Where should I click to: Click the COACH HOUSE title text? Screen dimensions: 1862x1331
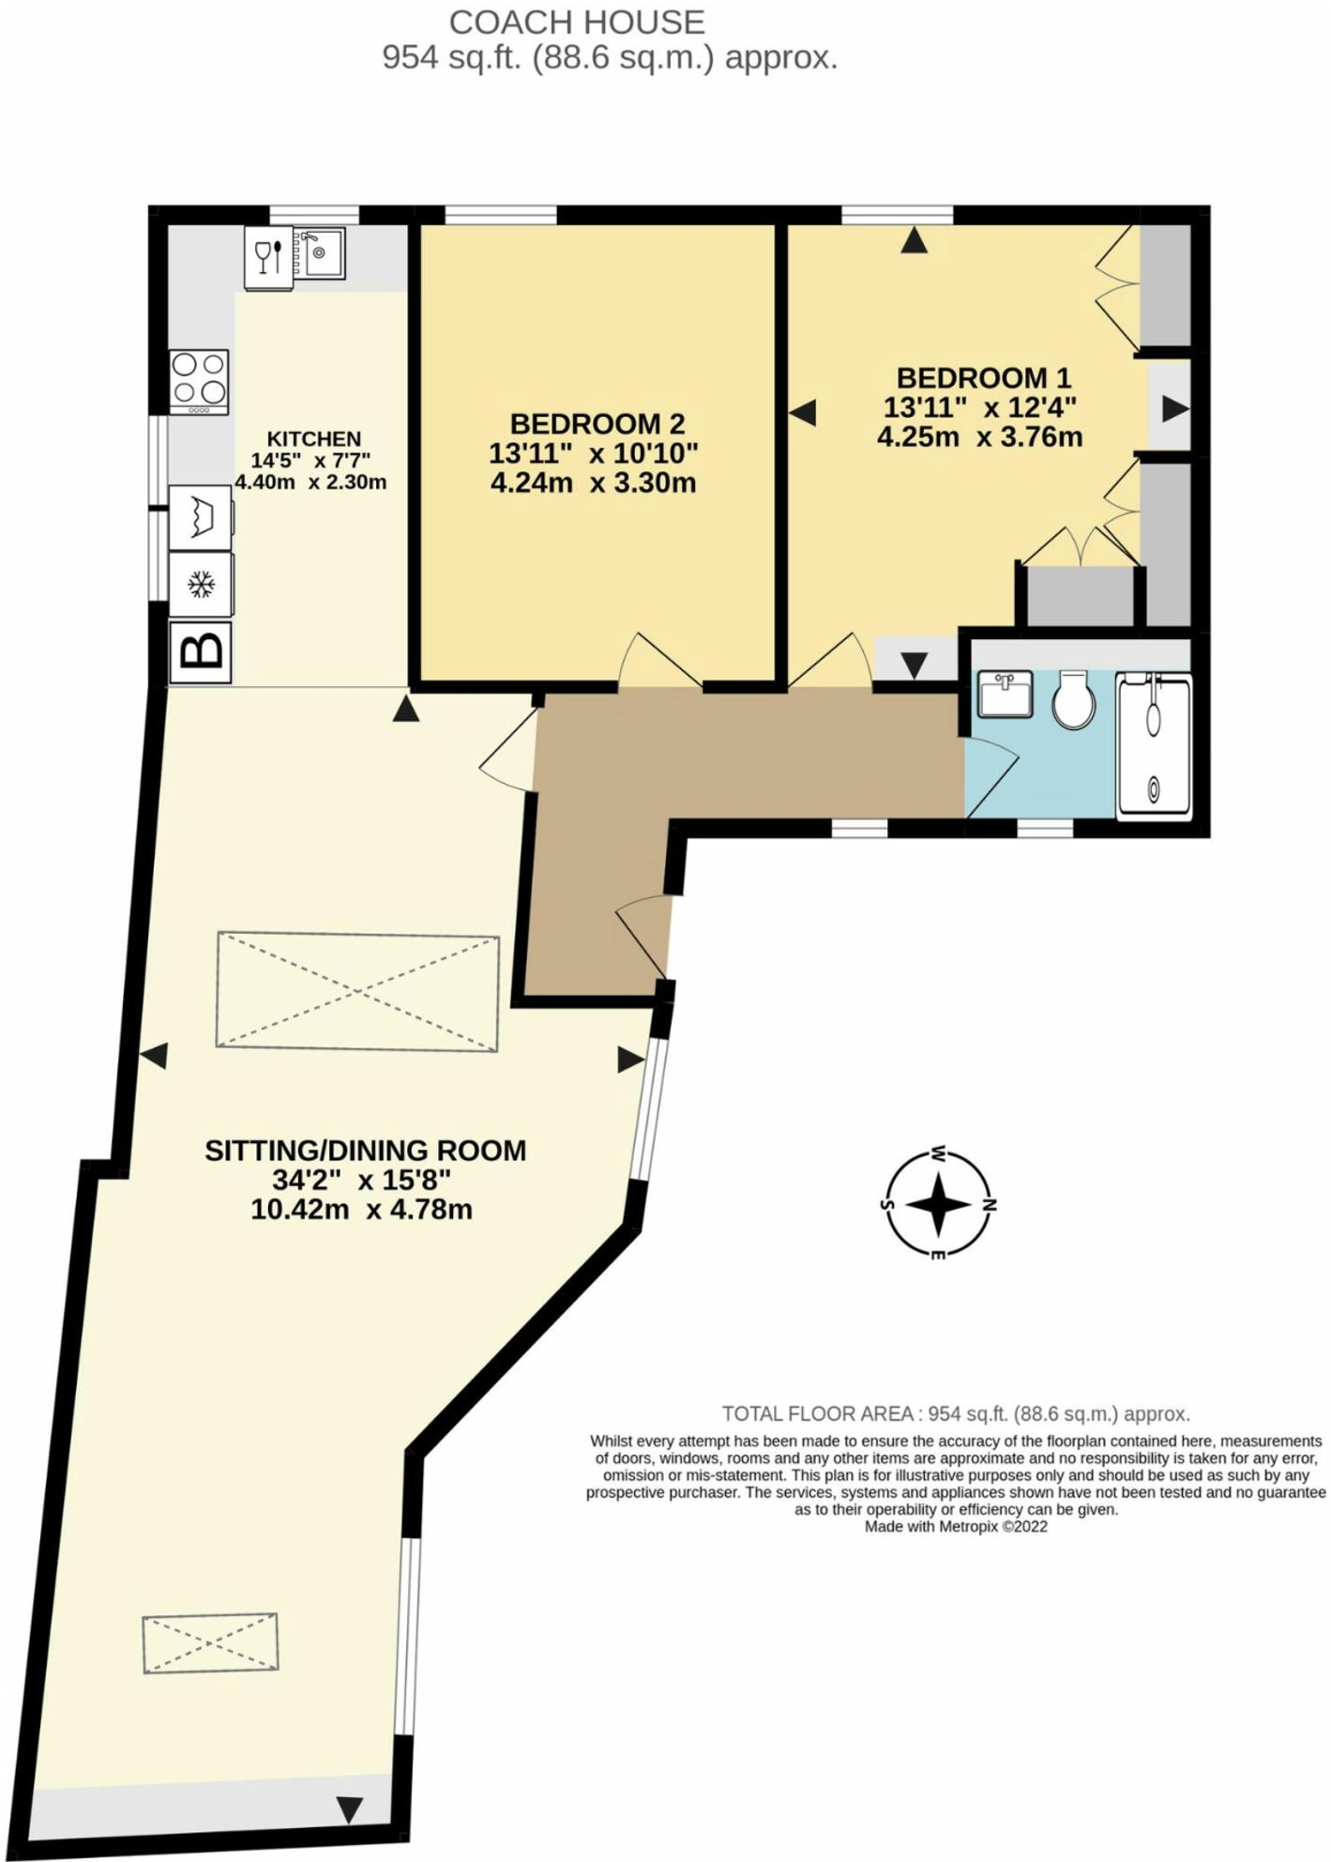coord(576,22)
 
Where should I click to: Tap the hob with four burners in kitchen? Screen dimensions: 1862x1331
coord(199,381)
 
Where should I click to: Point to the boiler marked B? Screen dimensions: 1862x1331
coord(201,650)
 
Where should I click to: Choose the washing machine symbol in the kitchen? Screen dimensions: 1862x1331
coord(201,517)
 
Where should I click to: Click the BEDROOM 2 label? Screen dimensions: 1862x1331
coord(597,423)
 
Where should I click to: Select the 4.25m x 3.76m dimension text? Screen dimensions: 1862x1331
coord(979,437)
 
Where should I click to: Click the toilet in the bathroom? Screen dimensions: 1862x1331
coord(1073,700)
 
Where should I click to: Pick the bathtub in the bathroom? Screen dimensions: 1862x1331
coord(1154,745)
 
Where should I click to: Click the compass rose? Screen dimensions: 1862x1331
coord(937,1204)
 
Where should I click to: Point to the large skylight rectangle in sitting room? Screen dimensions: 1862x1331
coord(357,991)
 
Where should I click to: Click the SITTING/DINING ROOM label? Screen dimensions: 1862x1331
coord(365,1151)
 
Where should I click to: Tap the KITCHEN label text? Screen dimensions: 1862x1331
coord(313,438)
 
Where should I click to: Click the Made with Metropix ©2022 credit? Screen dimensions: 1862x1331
coord(955,1527)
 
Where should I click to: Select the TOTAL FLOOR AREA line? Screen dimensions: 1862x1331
coord(955,1413)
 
